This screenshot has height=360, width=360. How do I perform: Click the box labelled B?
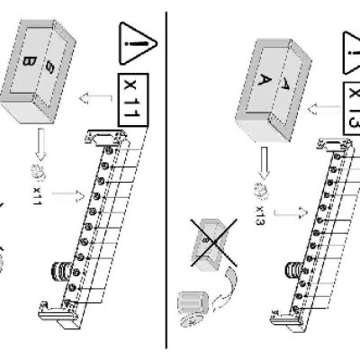pyautogui.click(x=38, y=70)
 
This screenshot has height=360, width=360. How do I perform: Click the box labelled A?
pyautogui.click(x=273, y=90)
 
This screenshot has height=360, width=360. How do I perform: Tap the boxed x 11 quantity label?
pyautogui.click(x=133, y=100)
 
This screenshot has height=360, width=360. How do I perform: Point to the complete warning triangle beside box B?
pyautogui.click(x=137, y=43)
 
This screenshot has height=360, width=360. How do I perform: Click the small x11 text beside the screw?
pyautogui.click(x=37, y=196)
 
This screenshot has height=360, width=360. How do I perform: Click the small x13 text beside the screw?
pyautogui.click(x=261, y=215)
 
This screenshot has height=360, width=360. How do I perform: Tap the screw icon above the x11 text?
pyautogui.click(x=39, y=174)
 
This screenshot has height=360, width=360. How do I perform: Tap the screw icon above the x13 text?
pyautogui.click(x=261, y=190)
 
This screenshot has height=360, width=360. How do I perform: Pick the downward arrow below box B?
pyautogui.click(x=41, y=145)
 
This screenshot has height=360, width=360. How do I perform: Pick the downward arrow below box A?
pyautogui.click(x=264, y=163)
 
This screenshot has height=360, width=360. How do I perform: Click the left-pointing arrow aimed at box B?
pyautogui.click(x=95, y=98)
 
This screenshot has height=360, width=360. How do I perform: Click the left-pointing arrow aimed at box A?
pyautogui.click(x=324, y=108)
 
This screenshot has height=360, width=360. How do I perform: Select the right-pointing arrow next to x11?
pyautogui.click(x=68, y=195)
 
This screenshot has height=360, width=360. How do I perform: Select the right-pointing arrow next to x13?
pyautogui.click(x=291, y=212)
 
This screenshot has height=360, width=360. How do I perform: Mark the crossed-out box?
pyautogui.click(x=213, y=242)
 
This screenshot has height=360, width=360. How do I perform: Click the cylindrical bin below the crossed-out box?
pyautogui.click(x=193, y=309)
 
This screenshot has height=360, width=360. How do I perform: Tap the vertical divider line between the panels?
pyautogui.click(x=166, y=180)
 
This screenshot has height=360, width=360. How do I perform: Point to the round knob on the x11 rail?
pyautogui.click(x=62, y=271)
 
